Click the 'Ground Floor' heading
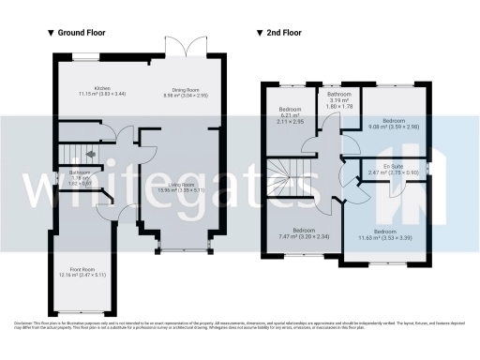pyautogui.click(x=81, y=33)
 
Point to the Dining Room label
pyautogui.click(x=187, y=91)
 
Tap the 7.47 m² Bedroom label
pyautogui.click(x=303, y=233)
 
